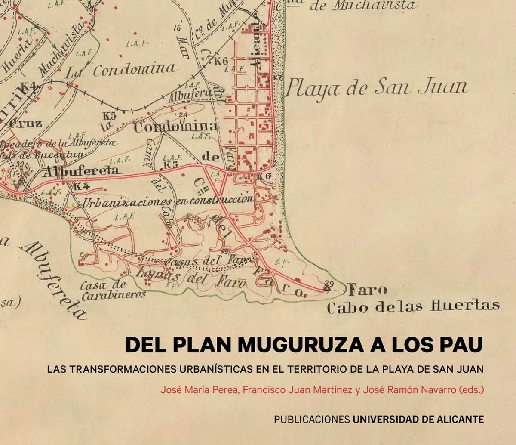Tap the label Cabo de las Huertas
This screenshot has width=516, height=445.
[413, 306]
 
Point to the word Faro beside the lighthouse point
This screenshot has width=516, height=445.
[368, 290]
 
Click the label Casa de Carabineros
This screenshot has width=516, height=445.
[113, 290]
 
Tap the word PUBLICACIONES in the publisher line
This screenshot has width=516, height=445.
[312, 419]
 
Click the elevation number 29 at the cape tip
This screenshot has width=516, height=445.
[330, 283]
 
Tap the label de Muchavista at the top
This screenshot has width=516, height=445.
[363, 6]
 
